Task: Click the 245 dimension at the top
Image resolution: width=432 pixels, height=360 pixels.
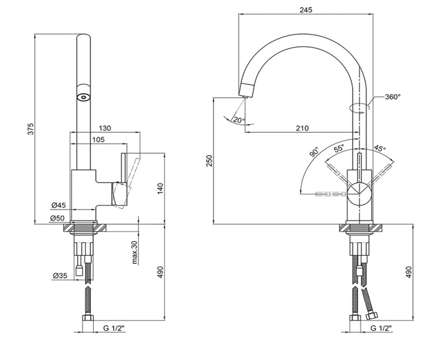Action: coord(306,10)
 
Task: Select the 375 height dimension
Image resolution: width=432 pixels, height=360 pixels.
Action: coord(31,129)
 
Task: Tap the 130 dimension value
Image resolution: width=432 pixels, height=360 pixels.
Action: coord(105,128)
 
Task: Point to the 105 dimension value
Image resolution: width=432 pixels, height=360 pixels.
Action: coord(98,140)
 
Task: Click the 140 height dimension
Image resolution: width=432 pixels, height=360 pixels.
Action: coord(160,189)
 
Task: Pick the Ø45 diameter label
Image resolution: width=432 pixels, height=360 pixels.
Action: coord(59,205)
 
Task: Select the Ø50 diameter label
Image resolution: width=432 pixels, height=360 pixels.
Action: coord(57,218)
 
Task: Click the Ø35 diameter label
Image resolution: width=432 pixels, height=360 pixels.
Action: coord(60,276)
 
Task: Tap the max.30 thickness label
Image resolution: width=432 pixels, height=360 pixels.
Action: coord(135,253)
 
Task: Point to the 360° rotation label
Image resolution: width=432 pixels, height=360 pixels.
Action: coord(393,97)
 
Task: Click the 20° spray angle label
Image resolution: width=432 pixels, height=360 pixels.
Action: coord(239,120)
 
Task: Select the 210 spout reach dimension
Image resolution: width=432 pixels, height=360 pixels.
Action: coord(302,128)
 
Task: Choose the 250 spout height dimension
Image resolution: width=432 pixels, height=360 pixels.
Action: coord(210,161)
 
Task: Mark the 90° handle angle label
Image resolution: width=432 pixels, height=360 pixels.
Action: coord(314,152)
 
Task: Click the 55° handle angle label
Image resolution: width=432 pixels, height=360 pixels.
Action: coord(339,148)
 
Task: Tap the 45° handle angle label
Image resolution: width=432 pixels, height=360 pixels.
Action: coord(380,148)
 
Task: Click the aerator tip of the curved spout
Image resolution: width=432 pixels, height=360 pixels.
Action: coord(244,97)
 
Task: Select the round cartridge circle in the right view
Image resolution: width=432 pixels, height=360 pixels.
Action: coord(359,194)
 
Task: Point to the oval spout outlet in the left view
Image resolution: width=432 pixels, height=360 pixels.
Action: coord(84,97)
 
